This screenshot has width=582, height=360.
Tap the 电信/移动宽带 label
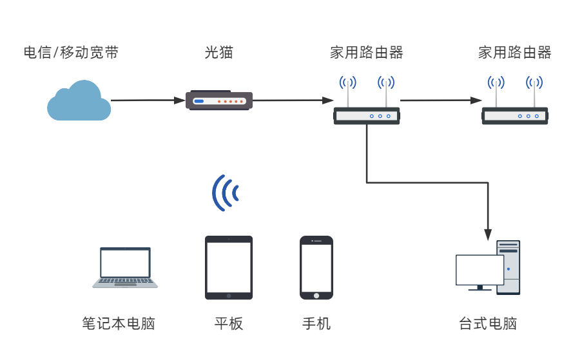tap(71, 53)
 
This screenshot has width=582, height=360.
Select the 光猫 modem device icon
tap(218, 100)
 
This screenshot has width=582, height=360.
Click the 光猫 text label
tap(218, 53)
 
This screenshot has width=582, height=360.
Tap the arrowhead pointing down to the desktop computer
tap(488, 232)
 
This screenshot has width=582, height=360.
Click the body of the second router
tap(515, 117)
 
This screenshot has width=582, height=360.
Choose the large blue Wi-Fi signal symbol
tap(226, 193)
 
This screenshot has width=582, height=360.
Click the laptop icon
tap(125, 267)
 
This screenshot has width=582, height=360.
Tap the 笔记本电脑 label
tap(119, 323)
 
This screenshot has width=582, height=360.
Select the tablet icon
tap(229, 267)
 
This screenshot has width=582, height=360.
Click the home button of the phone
tap(316, 295)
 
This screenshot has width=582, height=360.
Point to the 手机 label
tap(316, 323)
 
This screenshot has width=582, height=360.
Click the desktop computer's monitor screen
tap(480, 270)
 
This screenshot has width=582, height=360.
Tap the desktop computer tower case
tap(509, 267)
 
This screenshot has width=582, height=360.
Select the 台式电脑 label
tap(488, 323)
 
